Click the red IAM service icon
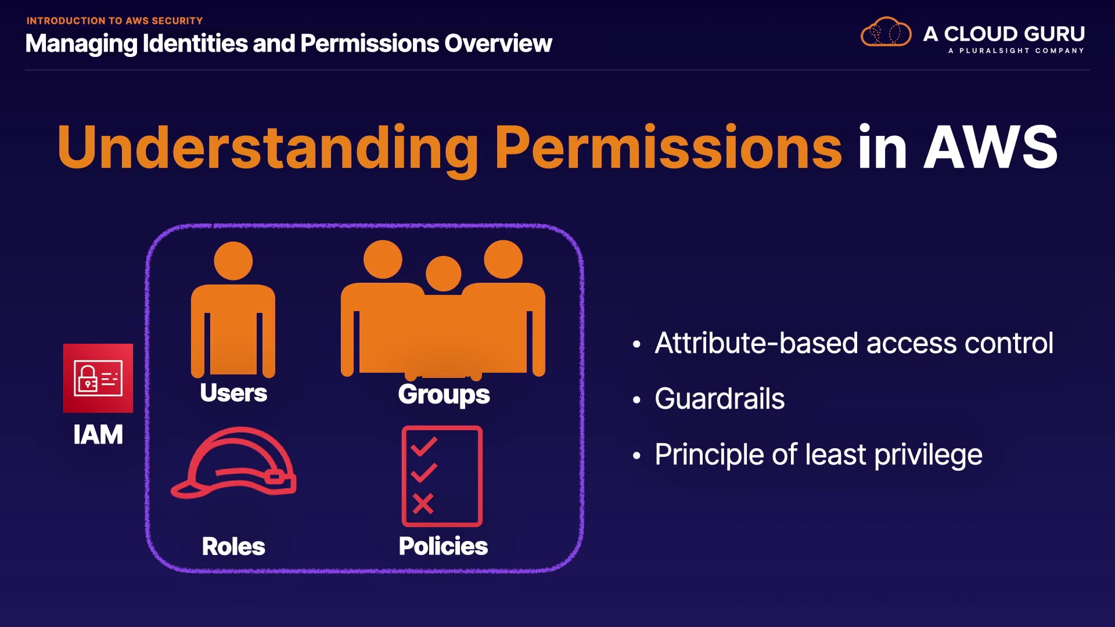[x=98, y=378]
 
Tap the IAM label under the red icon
[x=98, y=435]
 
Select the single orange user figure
[x=233, y=309]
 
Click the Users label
[x=233, y=393]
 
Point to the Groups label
[x=444, y=395]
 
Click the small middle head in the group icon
[x=444, y=273]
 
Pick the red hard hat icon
[x=233, y=463]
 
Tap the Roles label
[x=233, y=546]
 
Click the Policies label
[x=443, y=546]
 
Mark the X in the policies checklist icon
[x=423, y=503]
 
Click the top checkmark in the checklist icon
[x=424, y=446]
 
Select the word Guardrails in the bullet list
[x=720, y=399]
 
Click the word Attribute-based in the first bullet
[x=757, y=343]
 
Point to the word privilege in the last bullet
[x=928, y=455]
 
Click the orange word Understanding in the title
[x=268, y=149]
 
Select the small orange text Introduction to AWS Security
[x=115, y=21]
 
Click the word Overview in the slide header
[x=498, y=44]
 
